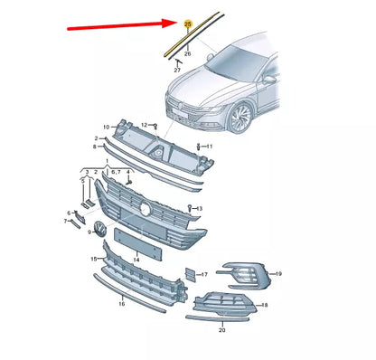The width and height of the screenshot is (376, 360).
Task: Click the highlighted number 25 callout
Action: [x=187, y=24]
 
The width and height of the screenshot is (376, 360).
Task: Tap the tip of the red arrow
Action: [x=176, y=22]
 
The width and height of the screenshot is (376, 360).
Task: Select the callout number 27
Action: [x=177, y=71]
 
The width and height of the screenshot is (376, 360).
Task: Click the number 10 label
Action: [x=106, y=128]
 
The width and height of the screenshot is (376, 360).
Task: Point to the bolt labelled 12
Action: [x=155, y=126]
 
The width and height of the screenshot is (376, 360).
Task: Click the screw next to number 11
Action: [x=199, y=147]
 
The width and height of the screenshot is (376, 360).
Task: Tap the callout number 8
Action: [x=95, y=147]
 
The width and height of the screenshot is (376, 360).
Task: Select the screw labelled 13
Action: [x=190, y=208]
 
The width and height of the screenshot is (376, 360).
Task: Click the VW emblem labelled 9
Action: [x=100, y=229]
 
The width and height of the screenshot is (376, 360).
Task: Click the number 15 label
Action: [x=94, y=259]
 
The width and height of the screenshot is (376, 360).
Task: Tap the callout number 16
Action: [x=121, y=304]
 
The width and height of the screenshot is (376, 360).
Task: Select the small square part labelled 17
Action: [x=191, y=274]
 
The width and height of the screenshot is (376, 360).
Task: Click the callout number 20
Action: [x=221, y=330]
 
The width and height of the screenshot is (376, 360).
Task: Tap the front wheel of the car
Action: [x=240, y=118]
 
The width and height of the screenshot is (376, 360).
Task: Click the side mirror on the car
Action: [x=268, y=80]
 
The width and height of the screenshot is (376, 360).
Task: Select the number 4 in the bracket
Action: [x=127, y=172]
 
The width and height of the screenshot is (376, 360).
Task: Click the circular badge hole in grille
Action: [x=146, y=209]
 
